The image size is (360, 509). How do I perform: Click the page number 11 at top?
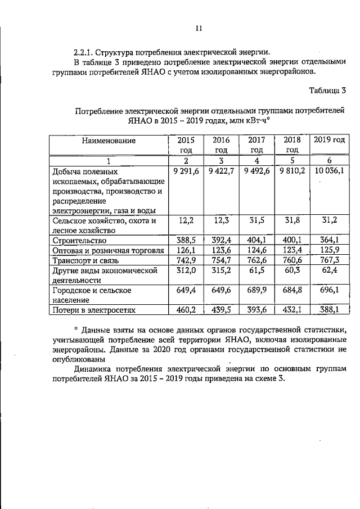point(198,29)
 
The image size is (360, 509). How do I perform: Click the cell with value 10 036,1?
point(329,170)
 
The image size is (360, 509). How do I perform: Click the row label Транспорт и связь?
point(84,260)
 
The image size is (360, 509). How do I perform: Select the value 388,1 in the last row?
point(330,309)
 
